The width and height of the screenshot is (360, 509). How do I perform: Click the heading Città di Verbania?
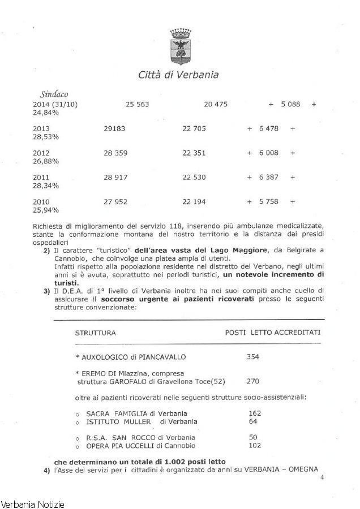178,75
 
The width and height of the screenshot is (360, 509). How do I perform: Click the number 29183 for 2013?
115,129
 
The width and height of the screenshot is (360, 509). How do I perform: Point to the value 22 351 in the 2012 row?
194,153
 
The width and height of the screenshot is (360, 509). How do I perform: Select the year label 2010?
41,202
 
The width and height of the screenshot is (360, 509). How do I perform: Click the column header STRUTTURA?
96,333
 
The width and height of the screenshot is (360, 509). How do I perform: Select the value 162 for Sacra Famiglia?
255,413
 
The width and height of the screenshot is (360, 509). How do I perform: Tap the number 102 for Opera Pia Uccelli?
255,445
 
